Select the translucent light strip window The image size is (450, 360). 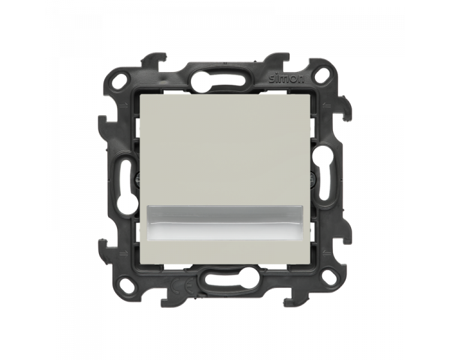[x=225, y=223]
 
